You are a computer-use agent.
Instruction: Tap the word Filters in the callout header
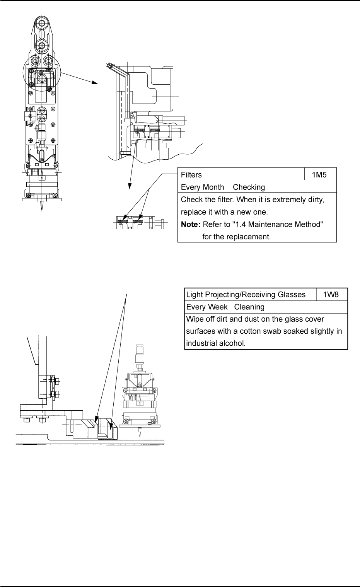pyautogui.click(x=191, y=175)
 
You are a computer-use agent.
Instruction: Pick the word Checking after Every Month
pyautogui.click(x=249, y=187)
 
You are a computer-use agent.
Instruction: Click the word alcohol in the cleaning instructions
pyautogui.click(x=232, y=343)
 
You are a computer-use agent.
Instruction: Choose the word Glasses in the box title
pyautogui.click(x=291, y=295)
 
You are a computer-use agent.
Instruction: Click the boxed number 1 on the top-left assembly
pyautogui.click(x=41, y=178)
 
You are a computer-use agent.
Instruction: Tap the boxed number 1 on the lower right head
pyautogui.click(x=140, y=403)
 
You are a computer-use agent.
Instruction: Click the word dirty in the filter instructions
pyautogui.click(x=313, y=200)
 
